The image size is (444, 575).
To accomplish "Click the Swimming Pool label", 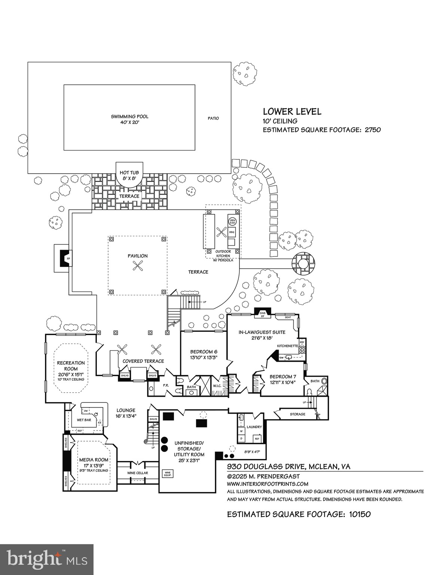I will (129, 116).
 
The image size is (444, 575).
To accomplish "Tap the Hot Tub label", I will (129, 172).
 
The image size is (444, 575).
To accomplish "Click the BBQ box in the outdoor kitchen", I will (232, 232).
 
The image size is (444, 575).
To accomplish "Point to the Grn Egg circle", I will (232, 222).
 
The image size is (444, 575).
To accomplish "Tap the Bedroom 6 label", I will (203, 352).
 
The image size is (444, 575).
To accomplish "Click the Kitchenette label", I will (287, 346).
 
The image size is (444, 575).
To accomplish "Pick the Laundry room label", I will (254, 427).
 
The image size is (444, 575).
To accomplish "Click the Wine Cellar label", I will (138, 473).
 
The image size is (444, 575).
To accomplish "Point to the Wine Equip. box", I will (167, 473).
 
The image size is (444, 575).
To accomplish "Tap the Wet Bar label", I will (84, 420).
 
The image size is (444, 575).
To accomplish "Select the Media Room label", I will (94, 460).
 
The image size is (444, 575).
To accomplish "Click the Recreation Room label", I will (71, 366).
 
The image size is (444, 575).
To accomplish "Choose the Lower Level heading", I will (292, 111).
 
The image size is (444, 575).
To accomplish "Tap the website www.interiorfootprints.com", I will (268, 484).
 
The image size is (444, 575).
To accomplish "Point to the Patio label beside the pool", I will (213, 118).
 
